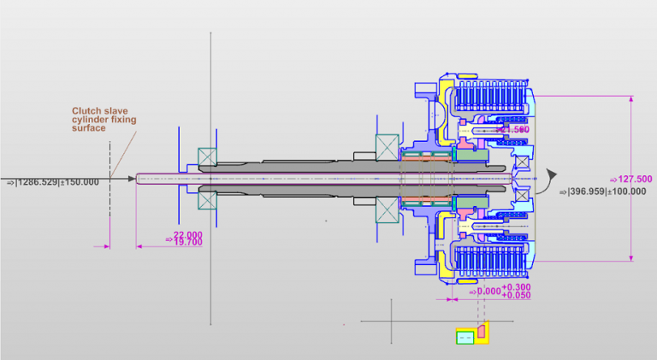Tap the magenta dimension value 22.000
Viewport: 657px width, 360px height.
[188, 234]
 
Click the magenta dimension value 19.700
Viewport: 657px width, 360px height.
[188, 243]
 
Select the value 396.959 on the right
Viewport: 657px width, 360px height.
[587, 191]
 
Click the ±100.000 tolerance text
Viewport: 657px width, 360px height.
[627, 191]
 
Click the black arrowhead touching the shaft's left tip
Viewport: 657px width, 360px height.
[133, 179]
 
